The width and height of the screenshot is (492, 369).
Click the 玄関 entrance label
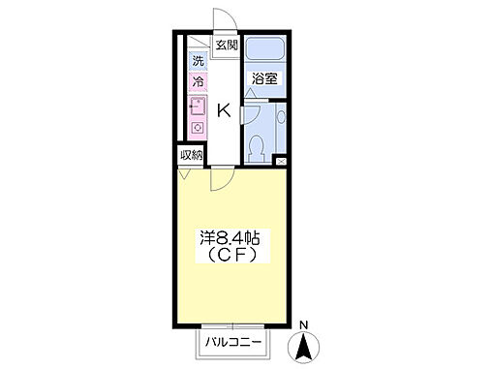pyautogui.click(x=227, y=45)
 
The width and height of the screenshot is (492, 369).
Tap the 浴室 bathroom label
pyautogui.click(x=263, y=78)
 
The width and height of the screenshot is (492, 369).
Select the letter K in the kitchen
pyautogui.click(x=223, y=110)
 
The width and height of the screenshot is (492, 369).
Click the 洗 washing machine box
pyautogui.click(x=198, y=61)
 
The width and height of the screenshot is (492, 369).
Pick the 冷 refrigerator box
pyautogui.click(x=198, y=83)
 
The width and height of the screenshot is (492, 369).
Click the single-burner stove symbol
pyautogui.click(x=197, y=128)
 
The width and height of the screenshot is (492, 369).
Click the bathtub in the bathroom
pyautogui.click(x=262, y=48)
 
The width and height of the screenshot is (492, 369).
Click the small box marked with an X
pyautogui.click(x=281, y=161)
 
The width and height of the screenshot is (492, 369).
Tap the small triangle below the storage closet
pyautogui.click(x=185, y=175)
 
